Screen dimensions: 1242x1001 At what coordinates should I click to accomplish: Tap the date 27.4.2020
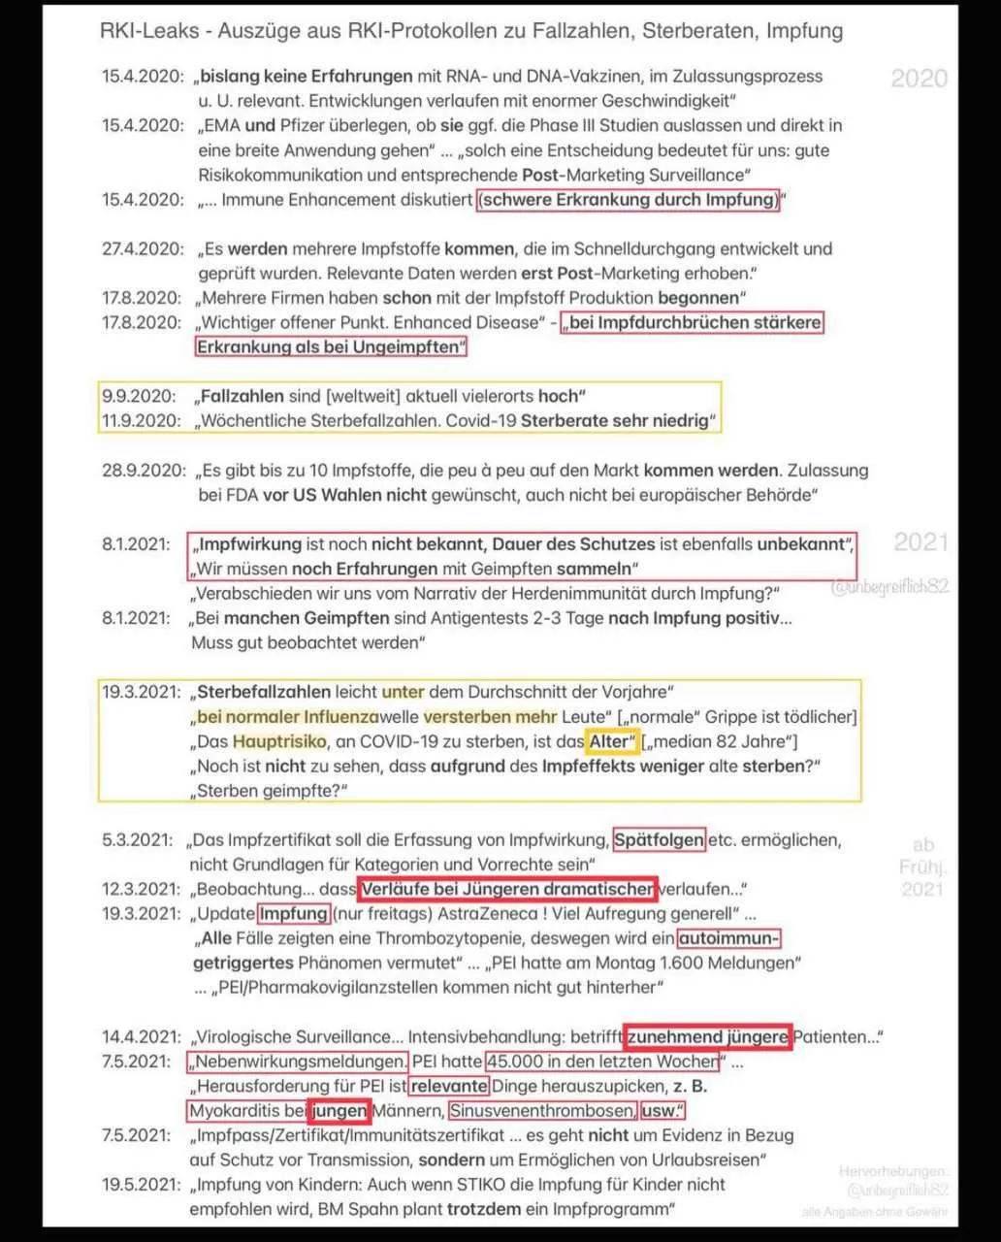point(142,248)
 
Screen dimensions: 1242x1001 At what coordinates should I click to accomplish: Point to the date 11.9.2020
point(142,420)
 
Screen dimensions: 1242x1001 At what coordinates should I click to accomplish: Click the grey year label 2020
point(919,78)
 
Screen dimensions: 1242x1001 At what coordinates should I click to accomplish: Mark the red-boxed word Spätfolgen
point(660,839)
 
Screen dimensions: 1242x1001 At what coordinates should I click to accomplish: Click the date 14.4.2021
point(142,1036)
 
